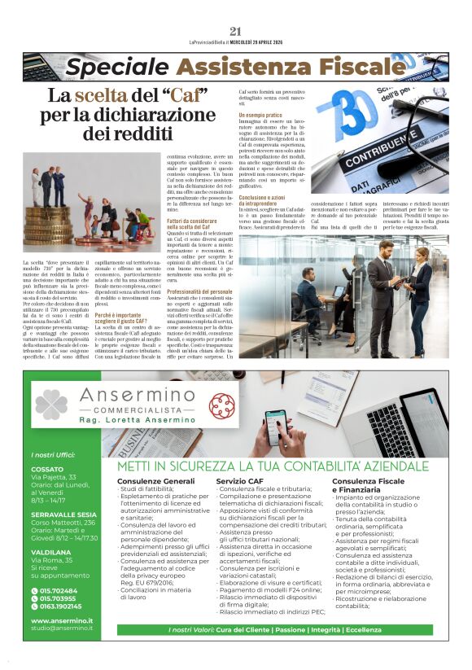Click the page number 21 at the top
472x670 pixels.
[x=236, y=31]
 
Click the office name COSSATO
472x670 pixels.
[x=47, y=469]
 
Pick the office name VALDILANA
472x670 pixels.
[x=50, y=551]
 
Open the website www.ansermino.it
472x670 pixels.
[x=62, y=620]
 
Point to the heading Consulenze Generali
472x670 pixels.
[x=155, y=482]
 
